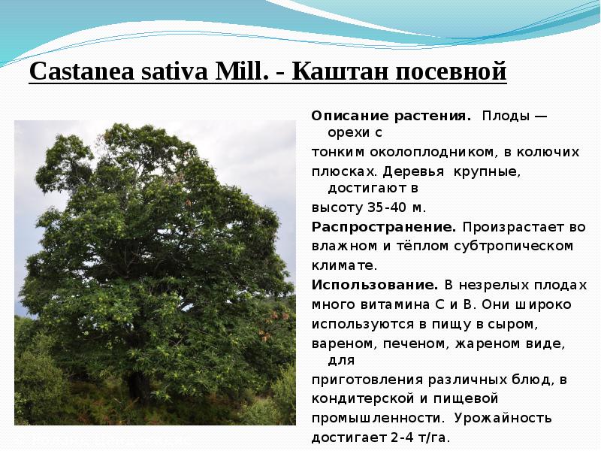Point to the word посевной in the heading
452,72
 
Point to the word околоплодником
410,152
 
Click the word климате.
344,265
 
